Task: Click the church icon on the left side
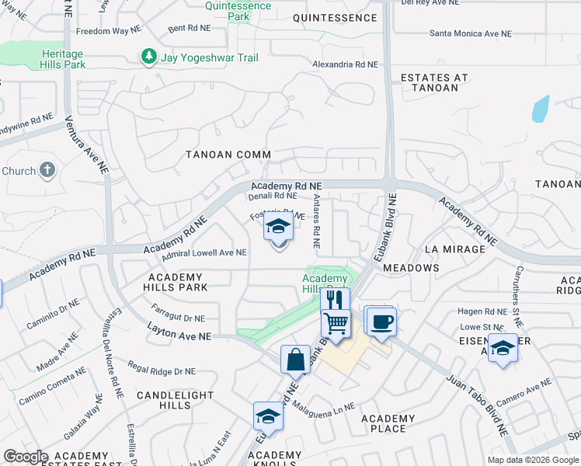[47, 170]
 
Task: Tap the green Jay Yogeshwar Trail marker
[148, 57]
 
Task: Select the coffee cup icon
[381, 321]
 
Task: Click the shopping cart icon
[336, 322]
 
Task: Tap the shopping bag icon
[295, 360]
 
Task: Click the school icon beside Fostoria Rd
[277, 227]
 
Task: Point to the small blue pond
[541, 109]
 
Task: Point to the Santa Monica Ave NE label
[471, 33]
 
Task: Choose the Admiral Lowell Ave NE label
[204, 253]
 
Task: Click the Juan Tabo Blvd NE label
[475, 404]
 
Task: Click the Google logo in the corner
[26, 457]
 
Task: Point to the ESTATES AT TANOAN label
[434, 82]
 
